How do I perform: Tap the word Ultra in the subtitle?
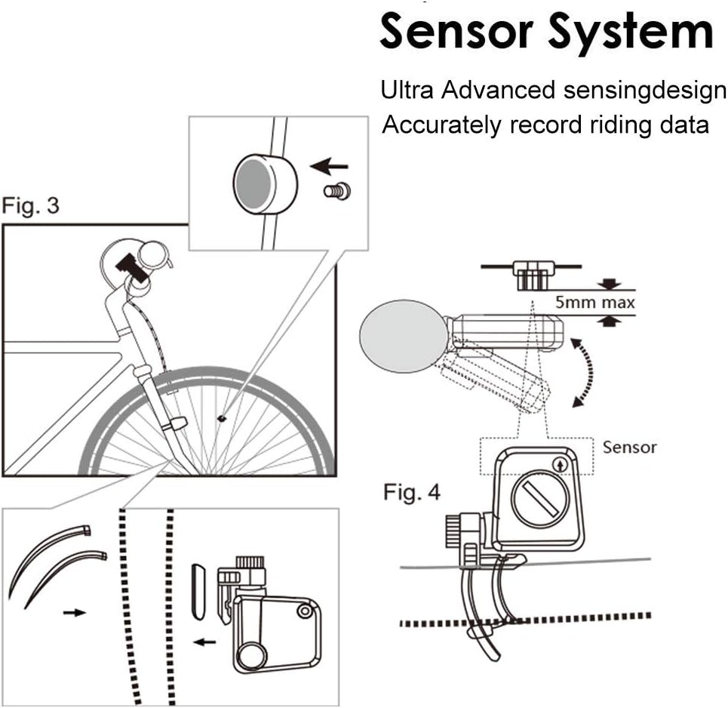click(407, 91)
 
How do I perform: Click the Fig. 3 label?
click(31, 205)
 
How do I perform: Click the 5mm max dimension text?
click(595, 303)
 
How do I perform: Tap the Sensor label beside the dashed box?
click(629, 447)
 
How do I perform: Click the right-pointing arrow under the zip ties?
click(74, 612)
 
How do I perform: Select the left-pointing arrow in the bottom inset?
click(204, 643)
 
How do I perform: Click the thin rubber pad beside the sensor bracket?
click(198, 589)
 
